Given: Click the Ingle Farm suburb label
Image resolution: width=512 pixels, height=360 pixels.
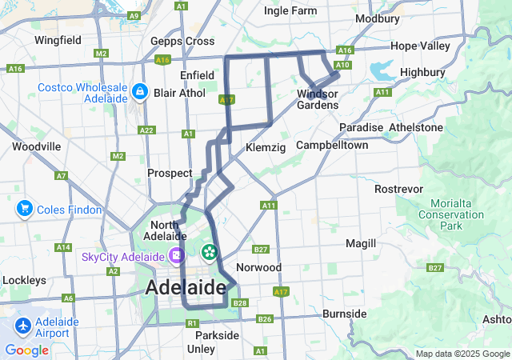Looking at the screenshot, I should coord(290,10).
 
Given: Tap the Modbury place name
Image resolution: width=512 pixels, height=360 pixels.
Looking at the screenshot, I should coord(377,18).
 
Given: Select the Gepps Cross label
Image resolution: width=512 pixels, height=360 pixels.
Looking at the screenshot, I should coord(182,41).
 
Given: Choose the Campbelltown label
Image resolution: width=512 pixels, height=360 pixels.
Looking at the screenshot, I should coord(332,145).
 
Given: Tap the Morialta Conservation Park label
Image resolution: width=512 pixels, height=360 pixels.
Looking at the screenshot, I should coord(451,214).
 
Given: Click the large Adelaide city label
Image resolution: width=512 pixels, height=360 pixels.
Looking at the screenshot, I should coord(186,287).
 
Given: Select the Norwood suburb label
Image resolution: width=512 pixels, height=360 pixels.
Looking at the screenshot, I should coord(259,266).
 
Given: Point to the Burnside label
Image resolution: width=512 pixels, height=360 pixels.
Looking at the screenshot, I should coord(344,314).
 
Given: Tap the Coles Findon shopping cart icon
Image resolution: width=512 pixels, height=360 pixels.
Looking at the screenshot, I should coord(23,210).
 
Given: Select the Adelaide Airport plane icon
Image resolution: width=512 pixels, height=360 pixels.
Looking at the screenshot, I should coord(23,326).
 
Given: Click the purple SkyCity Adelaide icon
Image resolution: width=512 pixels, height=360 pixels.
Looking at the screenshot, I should coord(176,257).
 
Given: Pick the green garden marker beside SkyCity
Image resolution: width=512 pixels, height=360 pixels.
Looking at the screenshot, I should coord(210,253).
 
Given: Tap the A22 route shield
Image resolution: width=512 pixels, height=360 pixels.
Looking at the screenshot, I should coord(146,130).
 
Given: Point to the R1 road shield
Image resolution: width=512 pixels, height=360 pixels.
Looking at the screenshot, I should coord(191,323).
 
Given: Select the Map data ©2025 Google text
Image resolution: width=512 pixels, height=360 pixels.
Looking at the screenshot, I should coord(462,354).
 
